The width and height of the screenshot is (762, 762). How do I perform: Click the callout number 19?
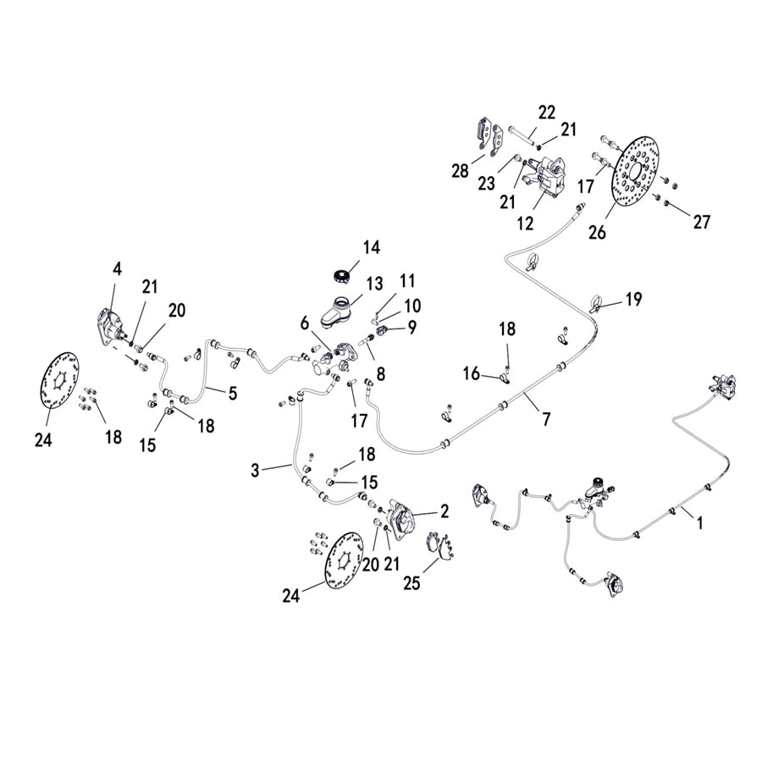[x=633, y=299]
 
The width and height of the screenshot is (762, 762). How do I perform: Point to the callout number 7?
[x=546, y=418]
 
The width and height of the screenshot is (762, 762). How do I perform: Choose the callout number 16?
[x=472, y=373]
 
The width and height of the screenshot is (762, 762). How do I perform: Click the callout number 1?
[x=699, y=524]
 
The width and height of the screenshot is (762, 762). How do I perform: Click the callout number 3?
[x=256, y=469]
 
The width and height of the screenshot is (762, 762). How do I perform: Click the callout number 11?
[x=408, y=280]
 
